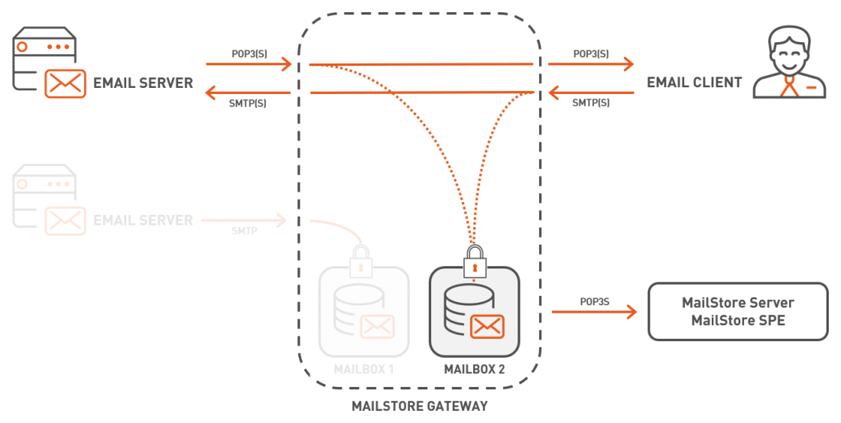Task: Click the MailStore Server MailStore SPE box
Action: pyautogui.click(x=738, y=312)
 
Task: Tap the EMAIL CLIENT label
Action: pyautogui.click(x=694, y=83)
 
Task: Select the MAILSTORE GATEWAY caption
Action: pyautogui.click(x=419, y=406)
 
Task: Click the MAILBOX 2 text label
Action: pyautogui.click(x=474, y=369)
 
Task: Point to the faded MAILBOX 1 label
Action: pyautogui.click(x=364, y=369)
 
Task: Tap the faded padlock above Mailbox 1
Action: pyautogui.click(x=359, y=262)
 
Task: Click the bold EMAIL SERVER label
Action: pyautogui.click(x=143, y=83)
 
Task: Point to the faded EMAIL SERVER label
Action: pyautogui.click(x=143, y=220)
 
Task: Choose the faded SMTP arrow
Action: pyautogui.click(x=244, y=220)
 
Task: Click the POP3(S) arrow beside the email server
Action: pyautogui.click(x=248, y=64)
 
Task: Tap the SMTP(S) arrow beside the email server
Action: pyautogui.click(x=248, y=93)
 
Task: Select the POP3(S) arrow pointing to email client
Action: pyautogui.click(x=592, y=64)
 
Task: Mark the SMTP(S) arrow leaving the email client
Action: pyautogui.click(x=592, y=93)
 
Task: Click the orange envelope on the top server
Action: pyautogui.click(x=65, y=83)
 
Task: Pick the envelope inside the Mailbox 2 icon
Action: pyautogui.click(x=487, y=327)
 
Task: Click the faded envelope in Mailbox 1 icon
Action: pyautogui.click(x=377, y=327)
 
